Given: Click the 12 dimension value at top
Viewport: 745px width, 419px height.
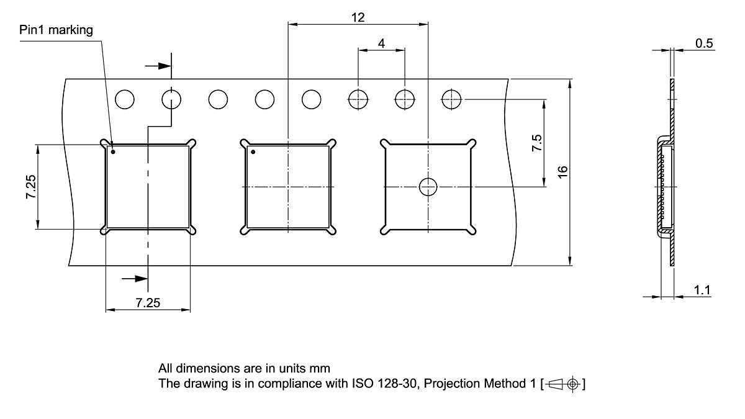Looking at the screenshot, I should [x=358, y=17].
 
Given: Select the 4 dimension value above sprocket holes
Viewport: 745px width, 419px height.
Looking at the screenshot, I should [x=381, y=43].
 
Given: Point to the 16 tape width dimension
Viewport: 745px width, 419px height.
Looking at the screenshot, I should [x=562, y=172].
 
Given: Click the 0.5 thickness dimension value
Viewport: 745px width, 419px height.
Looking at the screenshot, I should [x=704, y=43].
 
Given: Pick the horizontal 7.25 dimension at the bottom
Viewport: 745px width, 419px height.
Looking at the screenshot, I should [x=148, y=303].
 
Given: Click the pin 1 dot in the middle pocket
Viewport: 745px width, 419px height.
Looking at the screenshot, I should [x=253, y=151].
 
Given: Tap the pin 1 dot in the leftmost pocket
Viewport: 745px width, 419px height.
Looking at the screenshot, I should [x=113, y=151].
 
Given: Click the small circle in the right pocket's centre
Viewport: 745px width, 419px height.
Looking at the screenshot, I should [x=428, y=187].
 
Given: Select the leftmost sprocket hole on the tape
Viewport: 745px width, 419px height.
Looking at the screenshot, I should [x=125, y=99].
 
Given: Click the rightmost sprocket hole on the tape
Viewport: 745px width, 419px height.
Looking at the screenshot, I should [x=451, y=99].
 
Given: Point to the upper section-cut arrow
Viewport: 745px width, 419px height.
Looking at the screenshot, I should [x=158, y=65].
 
